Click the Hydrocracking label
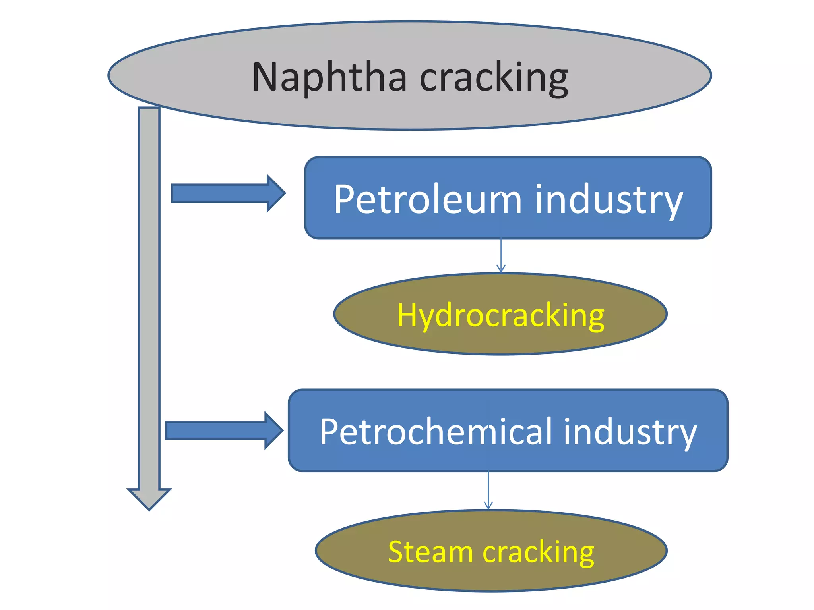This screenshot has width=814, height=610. click(500, 316)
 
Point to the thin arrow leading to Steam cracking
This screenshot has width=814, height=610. click(488, 490)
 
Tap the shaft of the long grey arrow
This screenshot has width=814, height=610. click(149, 298)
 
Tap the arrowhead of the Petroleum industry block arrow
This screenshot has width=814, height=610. click(276, 193)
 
